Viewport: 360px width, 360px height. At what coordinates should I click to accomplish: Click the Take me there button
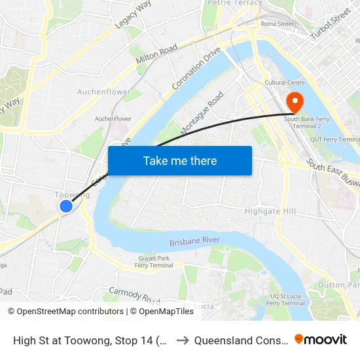pos(180,161)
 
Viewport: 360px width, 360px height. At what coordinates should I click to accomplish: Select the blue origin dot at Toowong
pos(66,206)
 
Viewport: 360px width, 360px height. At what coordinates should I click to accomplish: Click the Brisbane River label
pos(194,242)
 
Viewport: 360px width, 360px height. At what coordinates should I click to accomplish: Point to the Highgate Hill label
pos(270,211)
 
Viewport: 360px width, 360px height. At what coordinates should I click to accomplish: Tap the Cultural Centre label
pos(285,83)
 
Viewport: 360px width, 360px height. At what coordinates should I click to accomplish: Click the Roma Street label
pos(277,24)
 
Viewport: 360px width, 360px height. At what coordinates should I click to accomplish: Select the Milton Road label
pos(156,55)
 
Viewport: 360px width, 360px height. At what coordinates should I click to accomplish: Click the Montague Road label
pos(202,113)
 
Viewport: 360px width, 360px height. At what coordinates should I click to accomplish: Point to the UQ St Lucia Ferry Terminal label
pos(287,300)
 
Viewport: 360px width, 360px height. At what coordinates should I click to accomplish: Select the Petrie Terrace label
pos(234,3)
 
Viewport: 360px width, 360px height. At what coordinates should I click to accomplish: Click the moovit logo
pos(321,340)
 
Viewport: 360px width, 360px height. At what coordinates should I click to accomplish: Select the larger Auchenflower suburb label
pos(104,92)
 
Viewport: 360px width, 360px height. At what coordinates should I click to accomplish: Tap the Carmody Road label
pos(134,297)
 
